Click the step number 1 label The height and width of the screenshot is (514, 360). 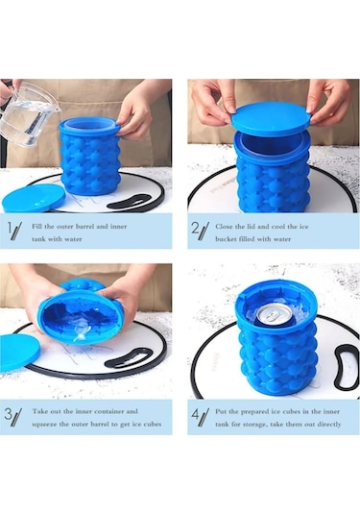(x=13, y=231)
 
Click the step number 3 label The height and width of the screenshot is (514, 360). (x=13, y=417)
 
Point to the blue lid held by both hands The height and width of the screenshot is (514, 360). (x=272, y=116)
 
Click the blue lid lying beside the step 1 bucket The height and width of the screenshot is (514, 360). (x=33, y=197)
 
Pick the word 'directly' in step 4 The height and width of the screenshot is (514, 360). (x=322, y=424)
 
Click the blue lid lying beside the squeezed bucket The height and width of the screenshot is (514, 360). (x=19, y=352)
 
